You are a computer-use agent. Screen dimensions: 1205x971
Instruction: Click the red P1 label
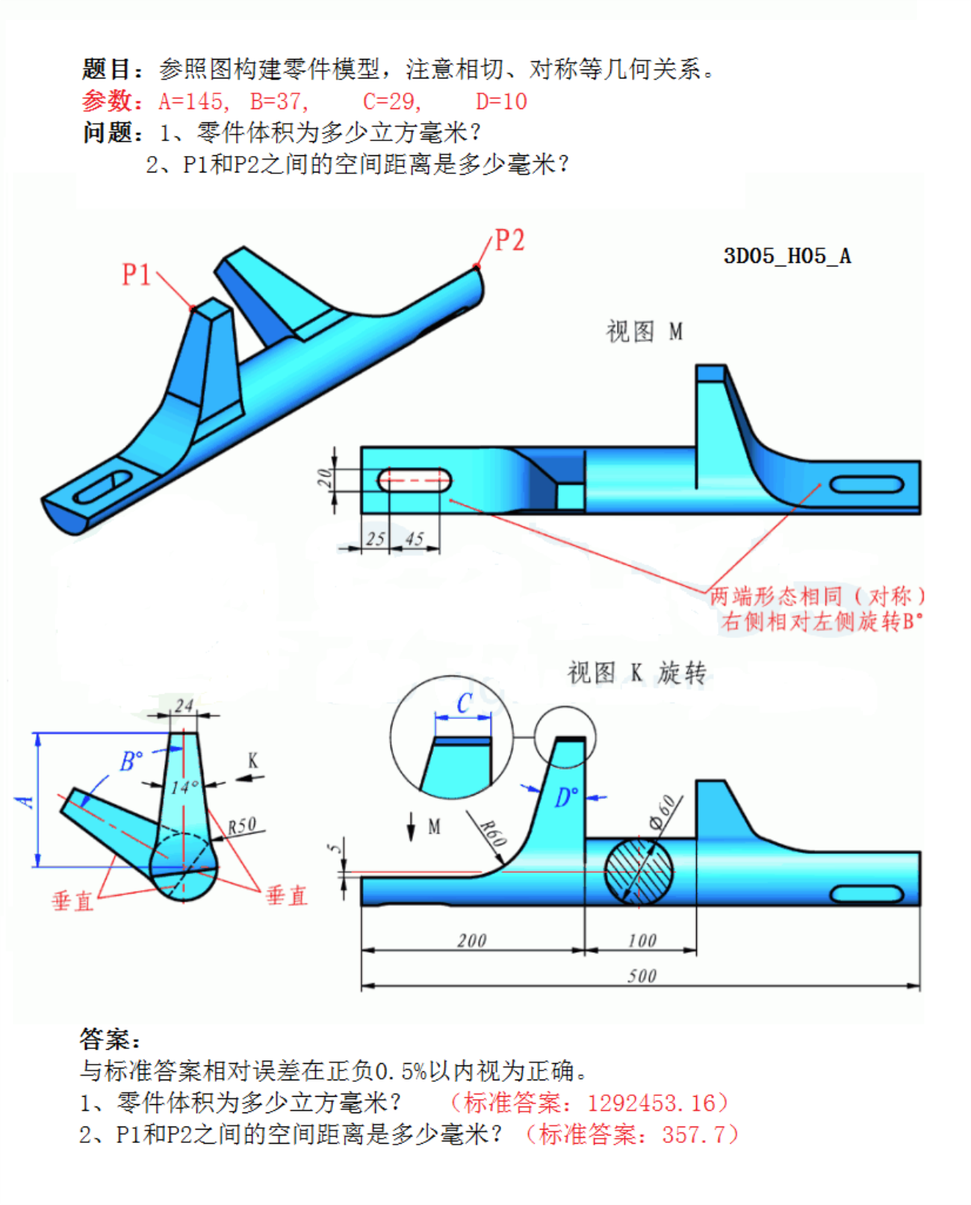[136, 275]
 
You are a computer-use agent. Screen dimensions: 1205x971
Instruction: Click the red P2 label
[509, 240]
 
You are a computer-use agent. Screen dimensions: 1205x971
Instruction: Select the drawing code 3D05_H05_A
[787, 256]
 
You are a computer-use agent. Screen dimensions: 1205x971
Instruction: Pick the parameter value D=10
[501, 102]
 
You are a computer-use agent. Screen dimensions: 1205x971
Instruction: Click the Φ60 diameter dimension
[662, 812]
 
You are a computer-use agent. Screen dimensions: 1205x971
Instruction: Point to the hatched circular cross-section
[638, 871]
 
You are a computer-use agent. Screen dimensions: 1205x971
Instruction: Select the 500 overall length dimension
[642, 975]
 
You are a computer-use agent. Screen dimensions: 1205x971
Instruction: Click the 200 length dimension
[471, 940]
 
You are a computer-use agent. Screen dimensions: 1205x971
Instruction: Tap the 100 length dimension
[642, 940]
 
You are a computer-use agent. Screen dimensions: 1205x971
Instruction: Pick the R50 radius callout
[242, 826]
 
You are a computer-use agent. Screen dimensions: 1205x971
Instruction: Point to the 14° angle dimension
[184, 787]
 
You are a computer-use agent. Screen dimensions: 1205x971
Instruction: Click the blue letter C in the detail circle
[464, 703]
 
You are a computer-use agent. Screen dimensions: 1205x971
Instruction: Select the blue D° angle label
[566, 798]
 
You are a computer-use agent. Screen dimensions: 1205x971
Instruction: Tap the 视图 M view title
[644, 331]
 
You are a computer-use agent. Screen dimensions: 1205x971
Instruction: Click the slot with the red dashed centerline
[415, 480]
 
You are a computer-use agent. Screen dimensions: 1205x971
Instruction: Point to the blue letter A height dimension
[26, 801]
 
